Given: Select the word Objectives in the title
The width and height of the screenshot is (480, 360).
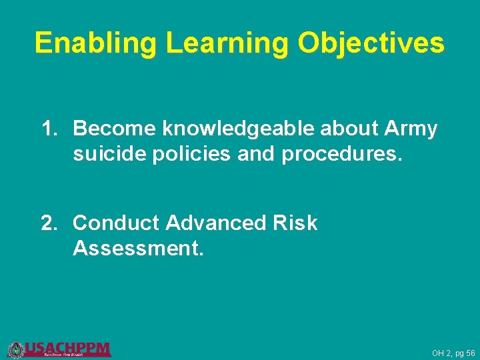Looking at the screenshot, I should pyautogui.click(x=371, y=43).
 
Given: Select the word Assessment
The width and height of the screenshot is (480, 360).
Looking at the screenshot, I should pyautogui.click(x=133, y=249).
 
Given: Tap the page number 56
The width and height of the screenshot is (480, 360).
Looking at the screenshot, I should pyautogui.click(x=471, y=353).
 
